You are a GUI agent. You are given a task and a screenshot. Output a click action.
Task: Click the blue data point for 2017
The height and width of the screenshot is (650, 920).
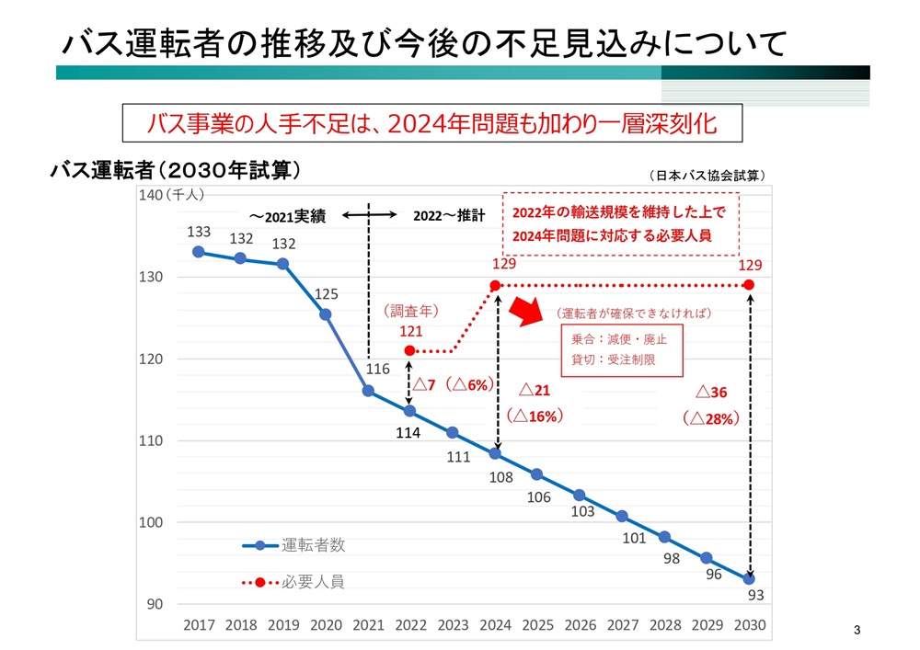[x=199, y=252]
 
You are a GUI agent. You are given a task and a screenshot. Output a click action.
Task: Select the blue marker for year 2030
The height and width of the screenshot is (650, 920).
[x=749, y=579]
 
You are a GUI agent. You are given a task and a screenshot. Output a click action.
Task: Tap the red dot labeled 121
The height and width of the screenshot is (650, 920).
[x=410, y=350]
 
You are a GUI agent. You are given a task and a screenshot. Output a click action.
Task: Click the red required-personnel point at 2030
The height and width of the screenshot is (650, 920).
[x=749, y=285]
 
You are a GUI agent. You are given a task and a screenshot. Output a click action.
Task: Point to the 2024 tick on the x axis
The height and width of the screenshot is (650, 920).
[x=495, y=625]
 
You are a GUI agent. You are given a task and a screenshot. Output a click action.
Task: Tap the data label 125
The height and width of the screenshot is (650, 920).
[x=327, y=294]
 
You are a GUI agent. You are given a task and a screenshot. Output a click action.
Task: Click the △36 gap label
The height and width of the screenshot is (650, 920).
[x=711, y=393]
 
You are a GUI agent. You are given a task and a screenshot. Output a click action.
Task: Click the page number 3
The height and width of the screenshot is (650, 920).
[x=857, y=630]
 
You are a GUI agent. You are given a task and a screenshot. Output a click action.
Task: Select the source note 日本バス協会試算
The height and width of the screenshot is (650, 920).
[x=707, y=175]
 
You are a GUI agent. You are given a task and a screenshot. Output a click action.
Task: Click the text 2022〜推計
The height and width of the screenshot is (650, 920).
[x=448, y=215]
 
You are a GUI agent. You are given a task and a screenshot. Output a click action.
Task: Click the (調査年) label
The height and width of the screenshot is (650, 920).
[x=409, y=311]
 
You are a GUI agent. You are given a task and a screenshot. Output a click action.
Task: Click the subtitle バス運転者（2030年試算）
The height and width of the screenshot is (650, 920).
[x=175, y=170]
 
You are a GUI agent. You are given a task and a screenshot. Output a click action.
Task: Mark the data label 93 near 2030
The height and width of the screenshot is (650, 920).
[x=755, y=596]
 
